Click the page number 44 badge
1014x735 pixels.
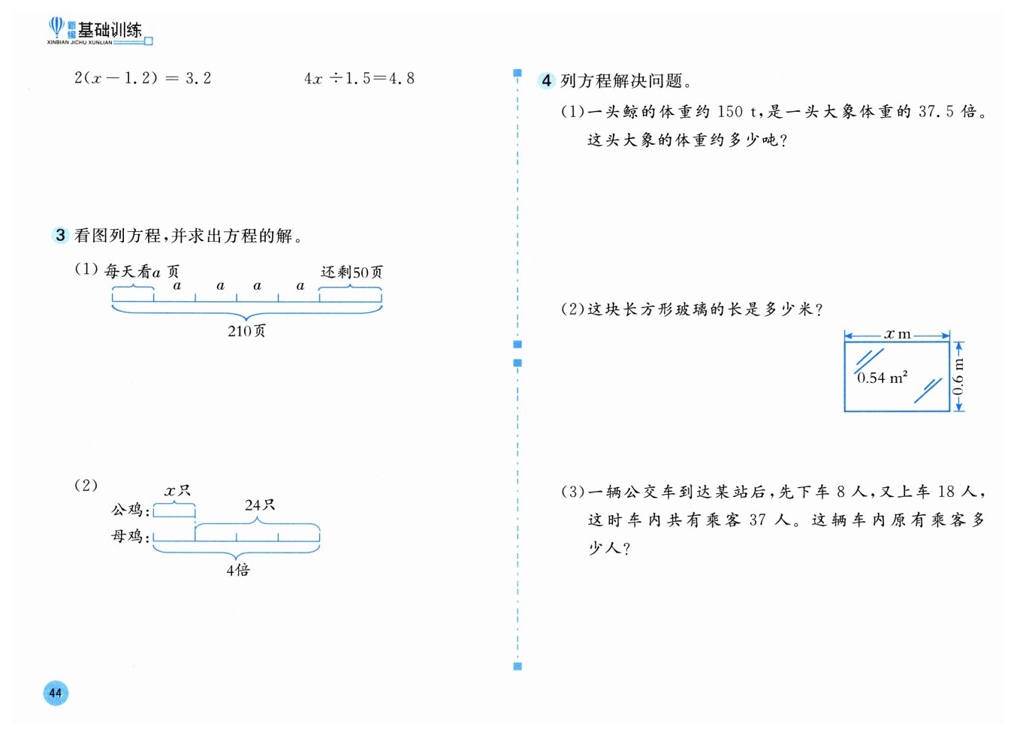(56, 692)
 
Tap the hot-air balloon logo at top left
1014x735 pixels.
(56, 28)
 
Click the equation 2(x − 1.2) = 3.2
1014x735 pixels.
(143, 78)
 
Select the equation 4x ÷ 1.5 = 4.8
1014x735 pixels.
(359, 78)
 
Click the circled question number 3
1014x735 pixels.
(60, 235)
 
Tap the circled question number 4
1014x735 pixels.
(546, 80)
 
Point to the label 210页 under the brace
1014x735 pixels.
(246, 331)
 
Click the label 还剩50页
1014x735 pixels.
(352, 272)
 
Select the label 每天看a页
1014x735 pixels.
(141, 271)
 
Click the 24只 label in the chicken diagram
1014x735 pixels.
(259, 505)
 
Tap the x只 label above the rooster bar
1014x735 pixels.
(177, 491)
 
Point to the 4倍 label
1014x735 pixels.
(238, 570)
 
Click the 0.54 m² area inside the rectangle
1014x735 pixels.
(882, 378)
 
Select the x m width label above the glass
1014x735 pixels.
(897, 334)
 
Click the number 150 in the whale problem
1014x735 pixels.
(730, 112)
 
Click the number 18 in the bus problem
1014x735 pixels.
(946, 492)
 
